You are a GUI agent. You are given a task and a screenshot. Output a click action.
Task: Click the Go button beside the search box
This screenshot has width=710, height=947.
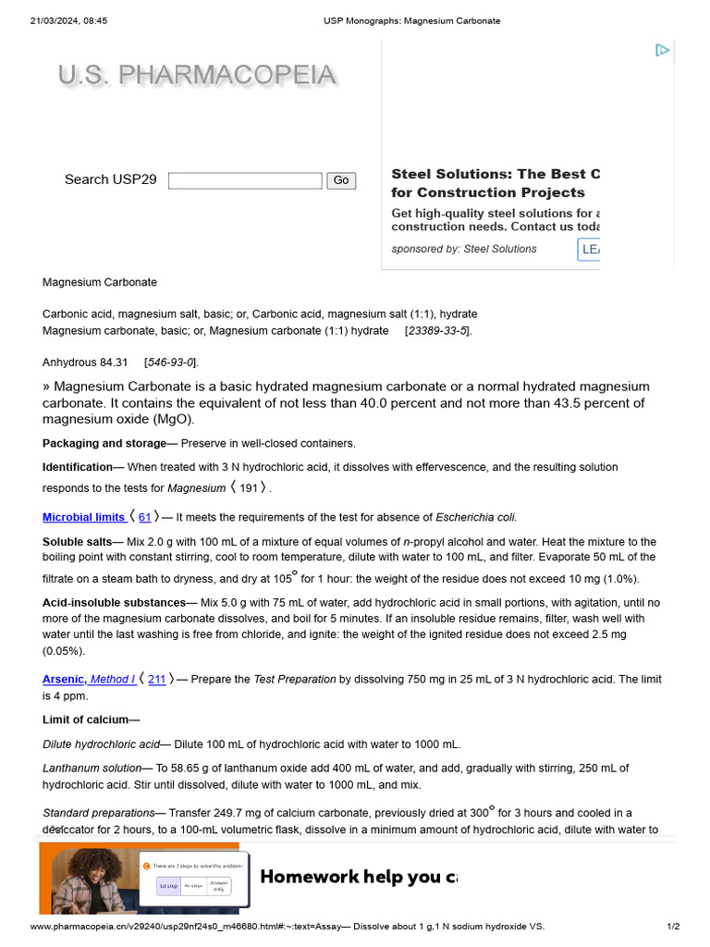click(341, 180)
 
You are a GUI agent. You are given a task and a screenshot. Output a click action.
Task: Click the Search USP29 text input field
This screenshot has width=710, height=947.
click(245, 180)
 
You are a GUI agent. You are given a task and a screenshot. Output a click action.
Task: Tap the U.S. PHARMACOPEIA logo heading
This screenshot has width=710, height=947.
click(197, 76)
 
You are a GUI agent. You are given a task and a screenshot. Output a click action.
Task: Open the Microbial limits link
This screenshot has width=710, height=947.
click(83, 517)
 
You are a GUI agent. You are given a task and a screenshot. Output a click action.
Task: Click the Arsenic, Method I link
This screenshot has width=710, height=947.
click(89, 679)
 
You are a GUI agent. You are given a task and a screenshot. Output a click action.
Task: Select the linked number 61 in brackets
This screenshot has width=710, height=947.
click(144, 517)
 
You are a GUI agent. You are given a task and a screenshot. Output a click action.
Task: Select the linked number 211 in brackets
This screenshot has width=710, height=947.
click(157, 679)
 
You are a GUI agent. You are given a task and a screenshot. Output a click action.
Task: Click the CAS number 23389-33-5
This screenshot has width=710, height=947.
click(438, 330)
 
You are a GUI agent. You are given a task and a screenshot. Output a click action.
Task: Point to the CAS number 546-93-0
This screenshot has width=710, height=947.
click(170, 362)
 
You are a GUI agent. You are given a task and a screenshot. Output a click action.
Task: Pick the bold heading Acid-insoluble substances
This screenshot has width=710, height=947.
click(114, 603)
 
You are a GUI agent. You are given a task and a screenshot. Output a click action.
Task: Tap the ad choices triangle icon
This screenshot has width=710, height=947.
click(662, 50)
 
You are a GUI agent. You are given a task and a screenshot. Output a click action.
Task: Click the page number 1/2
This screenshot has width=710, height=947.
click(673, 926)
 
